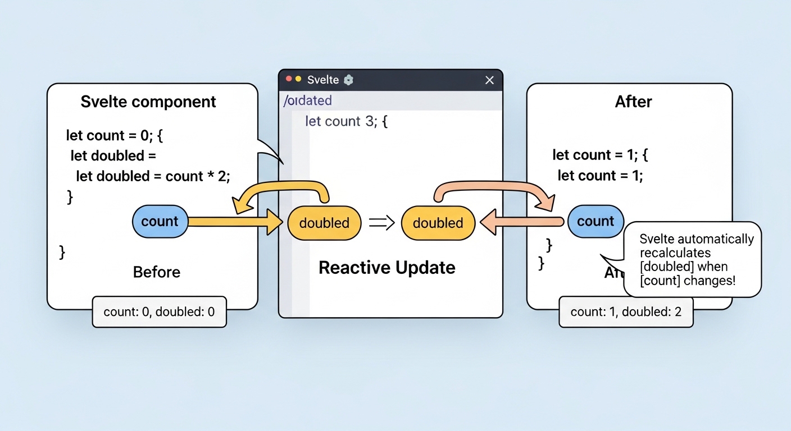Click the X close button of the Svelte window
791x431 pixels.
pyautogui.click(x=489, y=80)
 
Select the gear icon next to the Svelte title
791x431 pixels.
pyautogui.click(x=348, y=80)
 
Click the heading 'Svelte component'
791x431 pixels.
pyautogui.click(x=148, y=102)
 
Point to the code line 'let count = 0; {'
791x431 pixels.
pyautogui.click(x=115, y=135)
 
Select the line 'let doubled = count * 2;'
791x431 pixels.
pyautogui.click(x=153, y=176)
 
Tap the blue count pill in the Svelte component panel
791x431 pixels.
pyautogui.click(x=160, y=222)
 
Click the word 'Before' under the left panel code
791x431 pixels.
pyautogui.click(x=157, y=272)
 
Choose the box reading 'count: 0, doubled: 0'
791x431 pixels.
pyautogui.click(x=159, y=311)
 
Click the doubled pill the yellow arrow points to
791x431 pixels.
pyautogui.click(x=324, y=223)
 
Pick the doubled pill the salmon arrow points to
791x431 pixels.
pyautogui.click(x=438, y=223)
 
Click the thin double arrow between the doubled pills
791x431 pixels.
pyautogui.click(x=381, y=223)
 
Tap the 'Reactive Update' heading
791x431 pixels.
pyautogui.click(x=387, y=267)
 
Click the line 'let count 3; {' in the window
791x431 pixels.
pyautogui.click(x=346, y=121)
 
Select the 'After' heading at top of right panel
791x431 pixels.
pyautogui.click(x=634, y=102)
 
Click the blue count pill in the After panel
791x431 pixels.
pyautogui.click(x=595, y=222)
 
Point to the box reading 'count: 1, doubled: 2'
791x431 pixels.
pyautogui.click(x=626, y=311)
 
